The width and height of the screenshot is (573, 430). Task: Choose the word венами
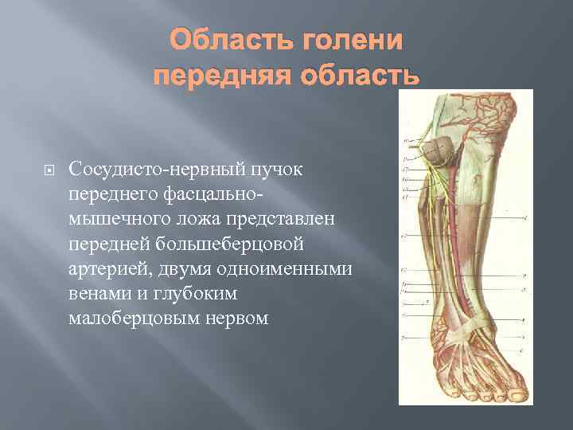[x=98, y=293]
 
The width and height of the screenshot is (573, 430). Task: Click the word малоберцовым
[x=132, y=318]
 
